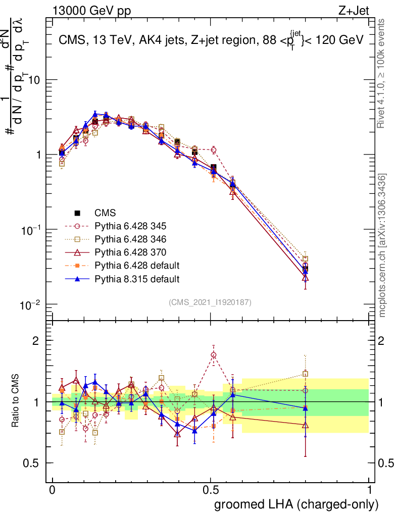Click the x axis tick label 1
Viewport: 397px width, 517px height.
[x=370, y=490]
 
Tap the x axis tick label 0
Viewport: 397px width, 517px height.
[x=53, y=490]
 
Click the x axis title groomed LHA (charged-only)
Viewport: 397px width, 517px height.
[x=296, y=504]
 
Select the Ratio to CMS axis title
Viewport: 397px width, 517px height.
[x=16, y=402]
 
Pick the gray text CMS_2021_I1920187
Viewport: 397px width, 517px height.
[x=210, y=302]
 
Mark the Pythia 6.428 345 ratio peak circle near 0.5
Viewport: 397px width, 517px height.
[x=214, y=355]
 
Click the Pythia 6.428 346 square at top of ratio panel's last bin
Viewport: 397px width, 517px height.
[x=305, y=374]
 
